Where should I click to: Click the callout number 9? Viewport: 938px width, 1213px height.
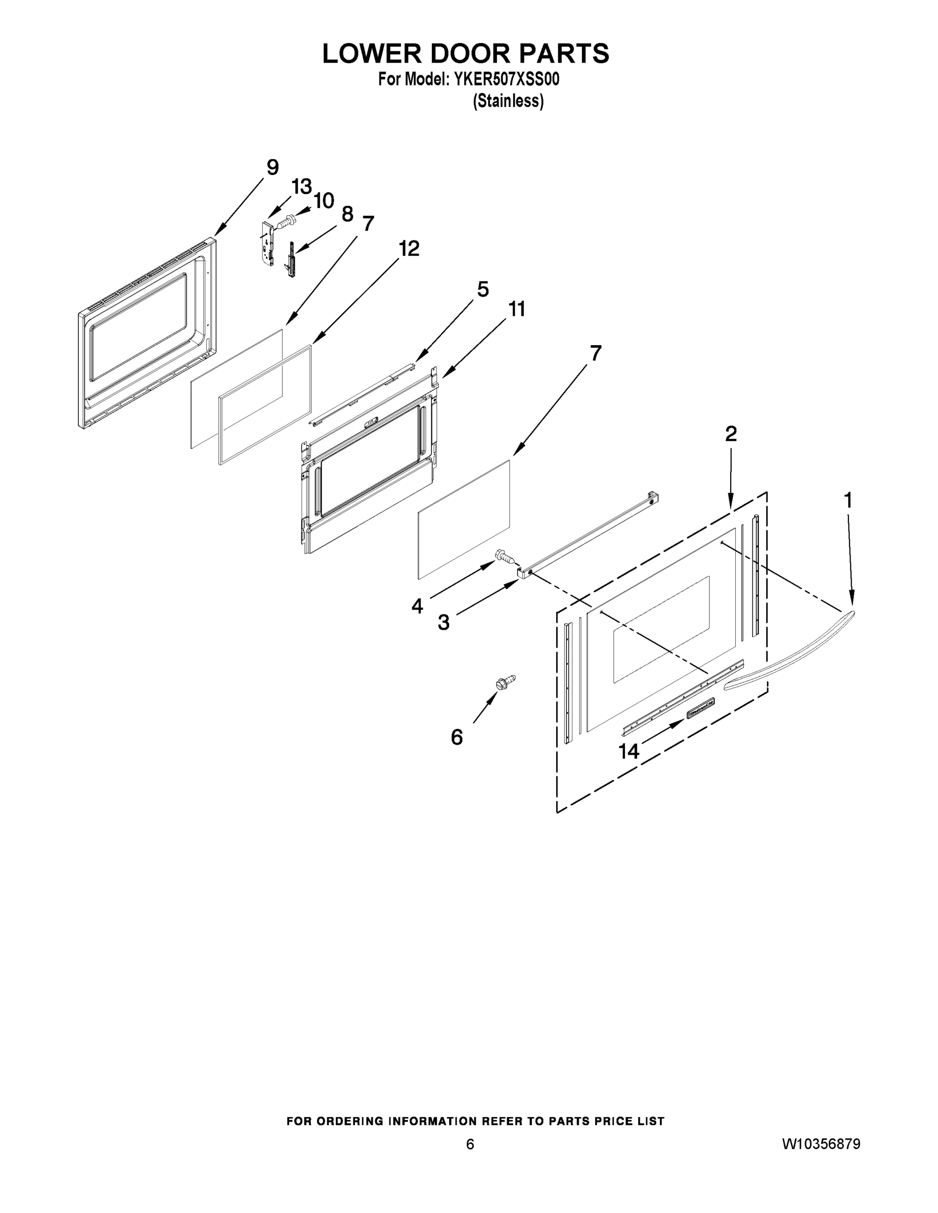pyautogui.click(x=272, y=167)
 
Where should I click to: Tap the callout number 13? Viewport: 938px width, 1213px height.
pyautogui.click(x=302, y=186)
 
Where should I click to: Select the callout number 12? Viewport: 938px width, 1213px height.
pyautogui.click(x=409, y=248)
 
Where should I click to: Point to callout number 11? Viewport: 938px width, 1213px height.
pyautogui.click(x=516, y=309)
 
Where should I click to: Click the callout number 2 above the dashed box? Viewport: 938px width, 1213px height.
pyautogui.click(x=731, y=434)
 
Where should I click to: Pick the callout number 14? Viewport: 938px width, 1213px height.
pyautogui.click(x=629, y=752)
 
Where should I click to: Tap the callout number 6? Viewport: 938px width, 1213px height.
pyautogui.click(x=457, y=737)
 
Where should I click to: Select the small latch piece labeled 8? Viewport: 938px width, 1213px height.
pyautogui.click(x=290, y=260)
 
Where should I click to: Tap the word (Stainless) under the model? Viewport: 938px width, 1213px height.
pyautogui.click(x=508, y=102)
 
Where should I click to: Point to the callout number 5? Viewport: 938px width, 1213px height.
pyautogui.click(x=482, y=290)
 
